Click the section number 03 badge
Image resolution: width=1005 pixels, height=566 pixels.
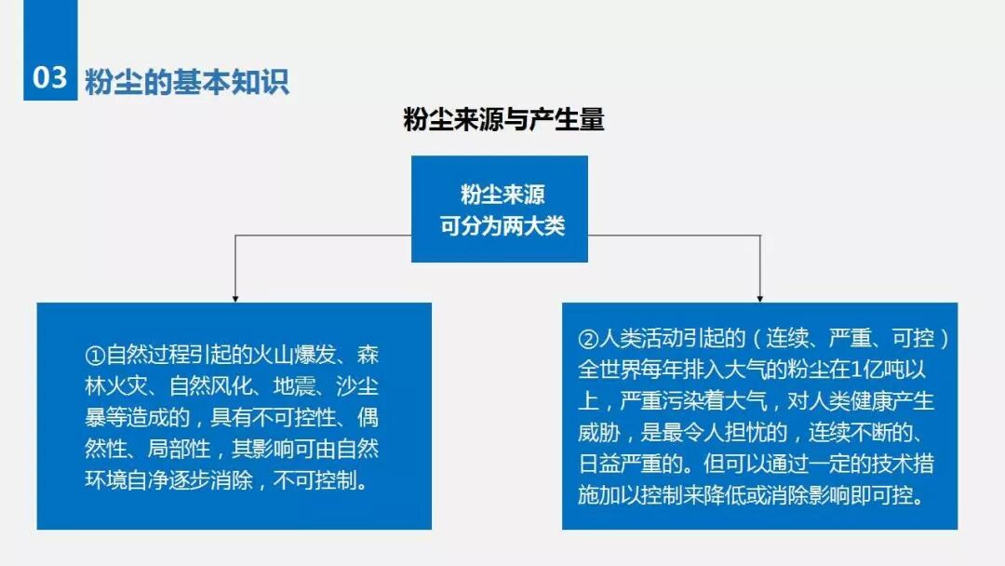(50, 77)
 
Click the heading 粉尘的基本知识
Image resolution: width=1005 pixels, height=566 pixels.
(187, 81)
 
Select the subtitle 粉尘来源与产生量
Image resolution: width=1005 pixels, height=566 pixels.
(503, 120)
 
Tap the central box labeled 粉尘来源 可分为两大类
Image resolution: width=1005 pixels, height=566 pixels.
(500, 209)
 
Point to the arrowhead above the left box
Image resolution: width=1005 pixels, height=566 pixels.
(235, 298)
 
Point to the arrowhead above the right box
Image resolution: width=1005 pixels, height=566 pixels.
(760, 298)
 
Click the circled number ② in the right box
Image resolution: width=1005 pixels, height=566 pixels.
(587, 338)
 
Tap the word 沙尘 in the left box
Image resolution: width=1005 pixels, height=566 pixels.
(359, 387)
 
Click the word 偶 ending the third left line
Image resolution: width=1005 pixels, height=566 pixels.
(368, 419)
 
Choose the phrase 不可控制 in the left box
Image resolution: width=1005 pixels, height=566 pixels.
(333, 482)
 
